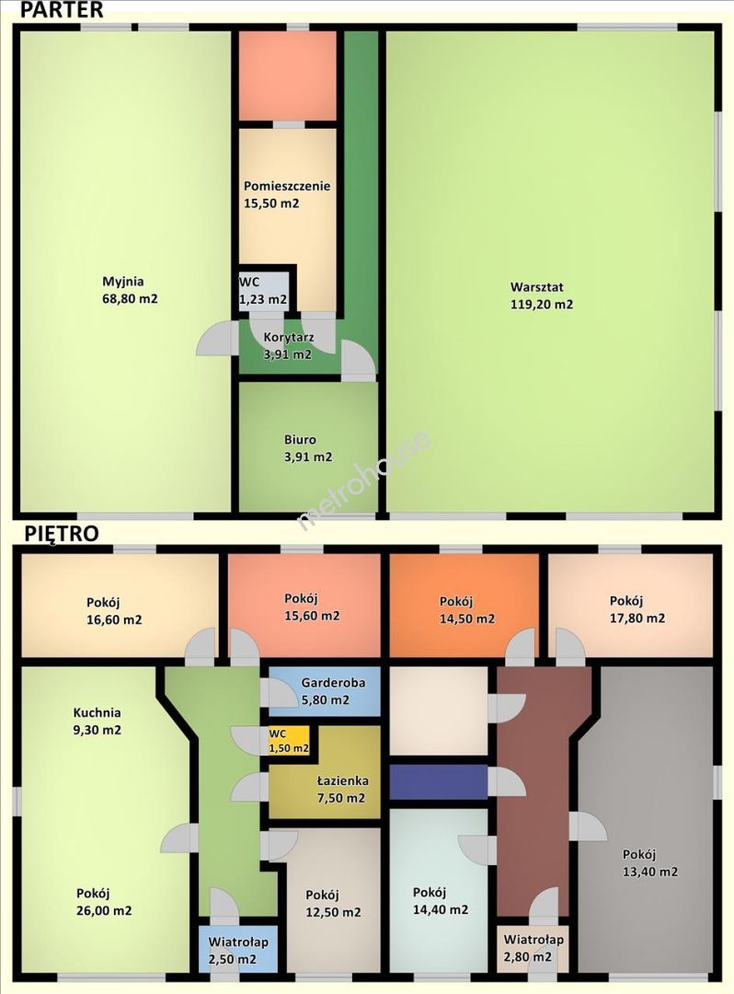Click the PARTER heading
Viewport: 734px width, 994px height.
62,9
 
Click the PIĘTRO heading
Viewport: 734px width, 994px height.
62,533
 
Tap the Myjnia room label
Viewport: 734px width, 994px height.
123,282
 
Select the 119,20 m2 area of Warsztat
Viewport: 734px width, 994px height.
542,305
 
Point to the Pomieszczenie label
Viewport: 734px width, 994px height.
287,186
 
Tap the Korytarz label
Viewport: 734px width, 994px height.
289,337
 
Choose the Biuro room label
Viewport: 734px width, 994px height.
300,439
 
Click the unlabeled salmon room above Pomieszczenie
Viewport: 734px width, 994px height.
287,75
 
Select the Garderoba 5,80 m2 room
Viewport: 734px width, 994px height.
325,691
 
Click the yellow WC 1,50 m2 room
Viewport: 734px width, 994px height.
289,740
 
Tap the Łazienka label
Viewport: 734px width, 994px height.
342,781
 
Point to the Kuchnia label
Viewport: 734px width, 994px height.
97,712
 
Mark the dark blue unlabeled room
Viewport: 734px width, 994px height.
438,782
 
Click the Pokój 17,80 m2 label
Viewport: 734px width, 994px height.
637,610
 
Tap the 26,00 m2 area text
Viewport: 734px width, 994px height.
104,911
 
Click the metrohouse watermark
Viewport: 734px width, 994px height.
364,480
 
